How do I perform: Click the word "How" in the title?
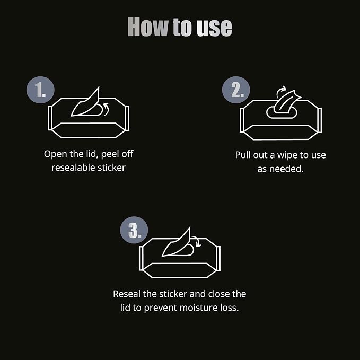[x=148, y=27]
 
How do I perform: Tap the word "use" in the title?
[x=214, y=28]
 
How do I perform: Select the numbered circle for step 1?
[x=40, y=90]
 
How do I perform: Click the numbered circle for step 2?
[x=236, y=90]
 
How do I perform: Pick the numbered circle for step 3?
[x=134, y=230]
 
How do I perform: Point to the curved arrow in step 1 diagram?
[x=107, y=109]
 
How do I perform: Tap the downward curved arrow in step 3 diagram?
[x=197, y=241]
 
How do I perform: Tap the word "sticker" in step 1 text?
[x=111, y=168]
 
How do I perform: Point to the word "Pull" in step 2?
[x=243, y=155]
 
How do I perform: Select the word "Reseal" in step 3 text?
[x=127, y=294]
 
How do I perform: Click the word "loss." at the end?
[x=230, y=308]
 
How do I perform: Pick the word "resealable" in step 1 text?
[x=73, y=168]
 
